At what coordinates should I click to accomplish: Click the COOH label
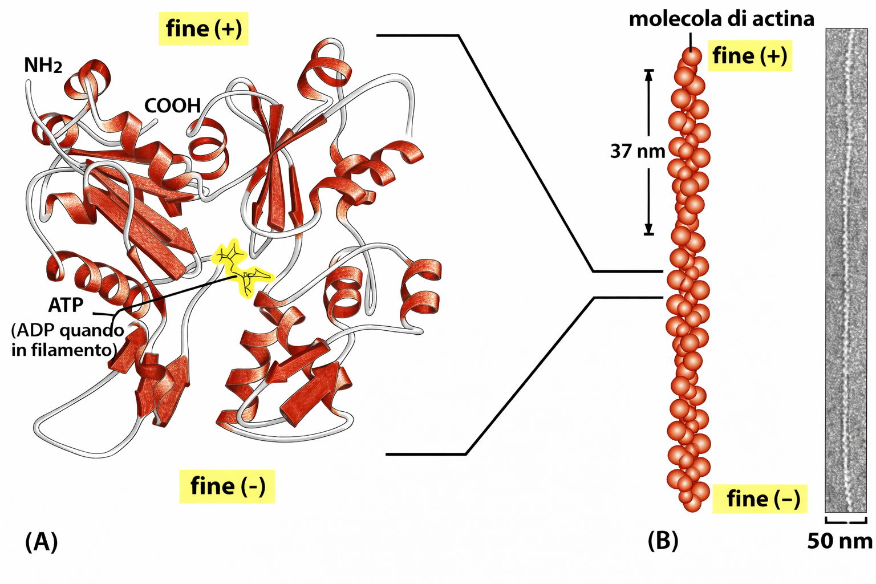[172, 106]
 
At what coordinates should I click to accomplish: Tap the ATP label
[66, 305]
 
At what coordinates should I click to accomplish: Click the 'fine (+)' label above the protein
[204, 29]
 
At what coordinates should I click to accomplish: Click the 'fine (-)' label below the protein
[228, 486]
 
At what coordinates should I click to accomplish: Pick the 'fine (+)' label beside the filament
[749, 56]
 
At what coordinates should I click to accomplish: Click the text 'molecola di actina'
[721, 19]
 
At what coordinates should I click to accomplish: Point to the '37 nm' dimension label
[638, 151]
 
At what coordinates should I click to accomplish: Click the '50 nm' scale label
[839, 541]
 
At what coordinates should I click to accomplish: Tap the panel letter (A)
[41, 542]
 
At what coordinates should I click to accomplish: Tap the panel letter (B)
[663, 540]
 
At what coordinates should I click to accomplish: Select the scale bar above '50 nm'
[846, 521]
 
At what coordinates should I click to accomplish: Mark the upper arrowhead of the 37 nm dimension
[648, 74]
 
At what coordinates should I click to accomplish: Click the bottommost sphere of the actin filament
[692, 503]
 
